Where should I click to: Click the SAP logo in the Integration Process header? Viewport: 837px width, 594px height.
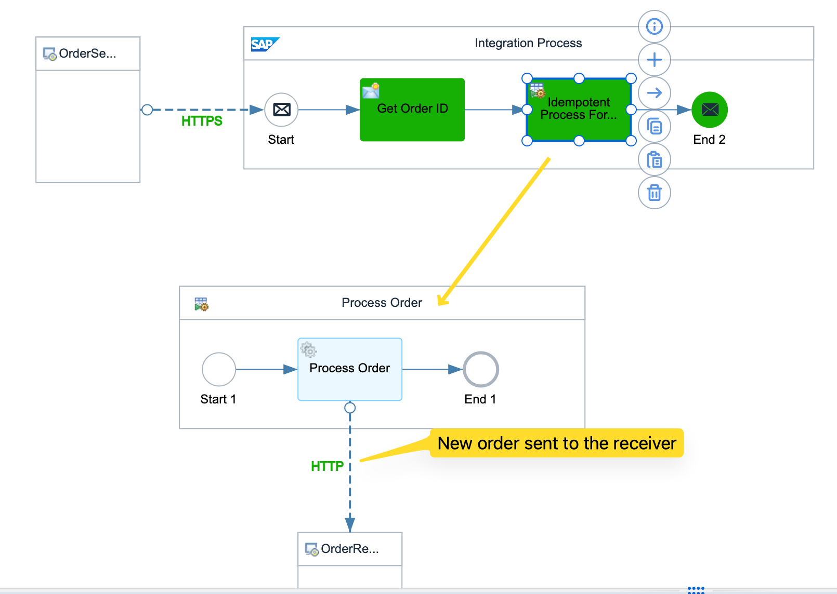coord(265,44)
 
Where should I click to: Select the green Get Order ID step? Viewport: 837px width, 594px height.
coord(412,110)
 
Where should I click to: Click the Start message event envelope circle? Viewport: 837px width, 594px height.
coord(281,110)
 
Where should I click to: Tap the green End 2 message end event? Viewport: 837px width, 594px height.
coord(709,110)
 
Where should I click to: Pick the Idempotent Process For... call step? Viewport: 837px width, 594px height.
coord(579,110)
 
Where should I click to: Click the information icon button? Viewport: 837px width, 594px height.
coord(654,26)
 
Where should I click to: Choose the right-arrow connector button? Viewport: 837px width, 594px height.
coord(654,93)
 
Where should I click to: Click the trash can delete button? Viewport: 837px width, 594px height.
coord(654,193)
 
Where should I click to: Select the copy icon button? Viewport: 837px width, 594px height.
coord(654,126)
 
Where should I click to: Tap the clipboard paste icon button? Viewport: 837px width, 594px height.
coord(654,159)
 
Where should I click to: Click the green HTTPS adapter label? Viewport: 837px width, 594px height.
coord(202,121)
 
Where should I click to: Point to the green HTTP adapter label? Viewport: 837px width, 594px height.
coord(327,466)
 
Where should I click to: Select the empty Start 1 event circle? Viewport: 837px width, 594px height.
coord(219,369)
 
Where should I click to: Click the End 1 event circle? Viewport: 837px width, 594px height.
coord(481,369)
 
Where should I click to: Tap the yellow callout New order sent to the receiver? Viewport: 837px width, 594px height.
coord(556,443)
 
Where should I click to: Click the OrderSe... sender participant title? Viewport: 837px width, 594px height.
coord(87,53)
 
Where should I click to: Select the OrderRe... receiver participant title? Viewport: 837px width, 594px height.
coord(349,549)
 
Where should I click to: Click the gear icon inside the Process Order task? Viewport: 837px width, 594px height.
coord(309,349)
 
